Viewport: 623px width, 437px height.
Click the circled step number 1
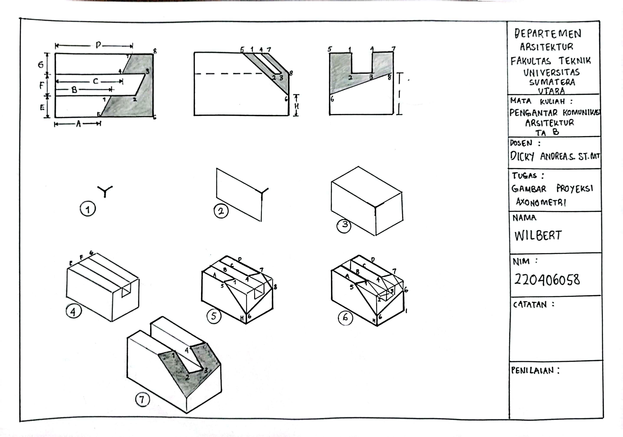tap(88, 209)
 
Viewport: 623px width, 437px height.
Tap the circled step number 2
tap(221, 211)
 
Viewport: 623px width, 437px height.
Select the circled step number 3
tap(344, 226)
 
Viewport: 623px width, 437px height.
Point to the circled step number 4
tap(74, 311)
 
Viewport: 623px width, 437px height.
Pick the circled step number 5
tap(214, 316)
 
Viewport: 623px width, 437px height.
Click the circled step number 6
tap(345, 317)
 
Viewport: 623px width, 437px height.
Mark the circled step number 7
tap(142, 399)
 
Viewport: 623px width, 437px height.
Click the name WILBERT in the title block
tap(538, 236)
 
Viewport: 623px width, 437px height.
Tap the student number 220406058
tap(547, 279)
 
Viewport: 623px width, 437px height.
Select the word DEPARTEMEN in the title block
tap(548, 34)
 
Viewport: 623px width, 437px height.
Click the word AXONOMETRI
tap(541, 202)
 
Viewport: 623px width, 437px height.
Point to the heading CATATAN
tap(530, 305)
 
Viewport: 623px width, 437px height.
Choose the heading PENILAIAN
tap(532, 370)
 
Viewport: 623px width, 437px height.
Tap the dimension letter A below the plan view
tap(79, 124)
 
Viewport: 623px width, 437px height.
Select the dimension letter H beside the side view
tap(296, 106)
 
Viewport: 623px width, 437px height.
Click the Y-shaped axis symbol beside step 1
tap(105, 190)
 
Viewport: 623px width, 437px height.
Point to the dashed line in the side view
tap(231, 74)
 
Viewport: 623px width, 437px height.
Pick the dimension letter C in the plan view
tap(95, 81)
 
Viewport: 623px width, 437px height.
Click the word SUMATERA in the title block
tap(552, 82)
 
